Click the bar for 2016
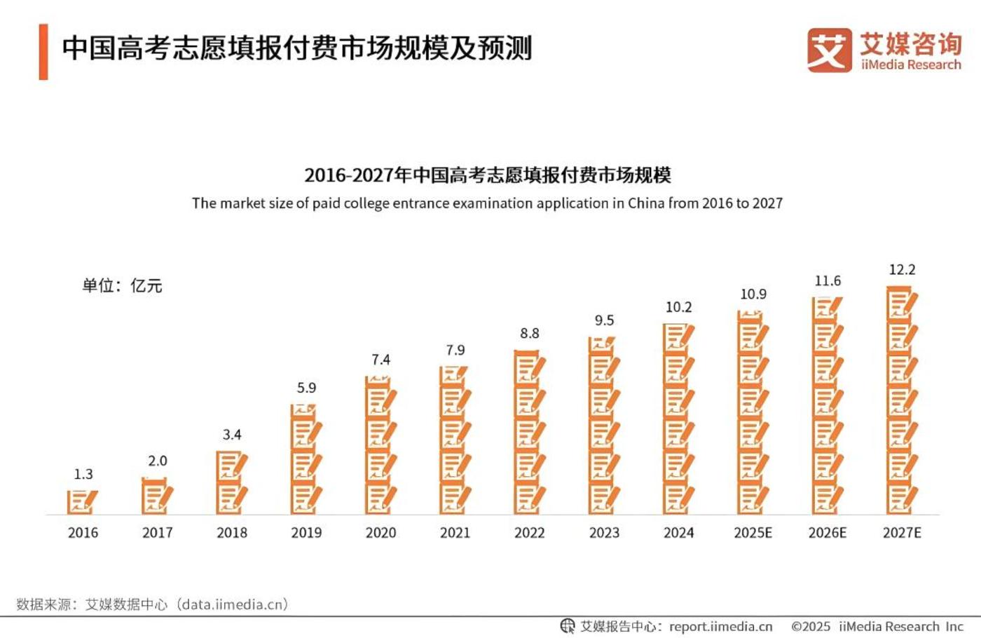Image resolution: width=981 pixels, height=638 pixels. pyautogui.click(x=82, y=502)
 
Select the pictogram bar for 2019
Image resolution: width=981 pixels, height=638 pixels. pyautogui.click(x=306, y=459)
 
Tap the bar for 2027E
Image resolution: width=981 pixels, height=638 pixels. pyautogui.click(x=902, y=400)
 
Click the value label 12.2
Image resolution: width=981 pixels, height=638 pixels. pyautogui.click(x=902, y=270)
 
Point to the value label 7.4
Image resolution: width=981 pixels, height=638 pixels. pyautogui.click(x=380, y=360)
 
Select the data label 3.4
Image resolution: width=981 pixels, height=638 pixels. pyautogui.click(x=232, y=435)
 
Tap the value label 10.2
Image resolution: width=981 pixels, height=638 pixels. pyautogui.click(x=678, y=307)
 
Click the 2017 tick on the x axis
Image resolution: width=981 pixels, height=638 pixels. pyautogui.click(x=157, y=533)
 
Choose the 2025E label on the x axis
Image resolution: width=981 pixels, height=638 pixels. pyautogui.click(x=753, y=533)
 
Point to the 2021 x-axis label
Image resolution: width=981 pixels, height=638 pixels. pyautogui.click(x=455, y=533)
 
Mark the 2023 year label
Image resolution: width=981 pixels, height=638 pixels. pyautogui.click(x=604, y=533)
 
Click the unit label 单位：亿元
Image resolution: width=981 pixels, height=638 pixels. pyautogui.click(x=122, y=285)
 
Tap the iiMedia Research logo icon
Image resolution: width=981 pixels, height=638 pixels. pyautogui.click(x=829, y=50)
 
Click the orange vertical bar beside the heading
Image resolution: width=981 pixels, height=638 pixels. pyautogui.click(x=43, y=52)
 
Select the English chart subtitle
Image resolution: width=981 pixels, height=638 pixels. pyautogui.click(x=487, y=203)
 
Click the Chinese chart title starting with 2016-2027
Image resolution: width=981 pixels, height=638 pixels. pyautogui.click(x=487, y=175)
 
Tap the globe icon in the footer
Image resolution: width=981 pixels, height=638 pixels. pyautogui.click(x=568, y=626)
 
